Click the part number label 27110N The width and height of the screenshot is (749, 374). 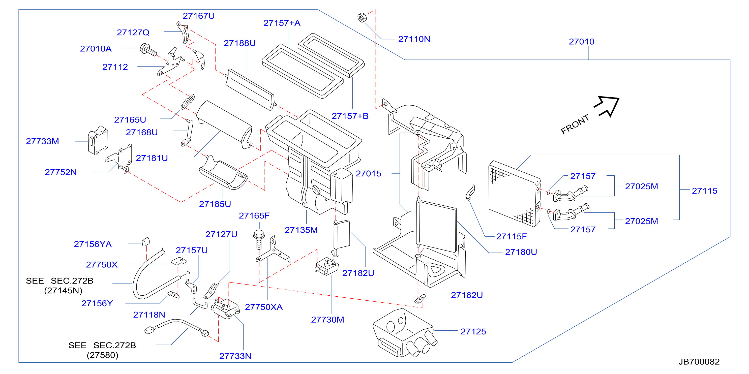[414, 39]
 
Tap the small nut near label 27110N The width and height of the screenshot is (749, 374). [362, 18]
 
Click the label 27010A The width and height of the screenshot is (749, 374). [96, 49]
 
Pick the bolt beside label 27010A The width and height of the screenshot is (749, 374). [148, 50]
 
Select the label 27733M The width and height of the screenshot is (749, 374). [42, 141]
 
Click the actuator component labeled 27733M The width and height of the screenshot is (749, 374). [98, 140]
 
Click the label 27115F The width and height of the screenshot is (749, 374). [511, 236]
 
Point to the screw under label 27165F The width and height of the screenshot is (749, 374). [259, 239]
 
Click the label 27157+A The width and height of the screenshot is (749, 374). [282, 23]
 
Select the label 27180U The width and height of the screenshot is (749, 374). [521, 252]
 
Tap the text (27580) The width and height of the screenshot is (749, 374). [102, 355]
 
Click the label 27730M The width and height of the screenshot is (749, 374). [327, 320]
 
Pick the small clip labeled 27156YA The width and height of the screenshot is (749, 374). [146, 241]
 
